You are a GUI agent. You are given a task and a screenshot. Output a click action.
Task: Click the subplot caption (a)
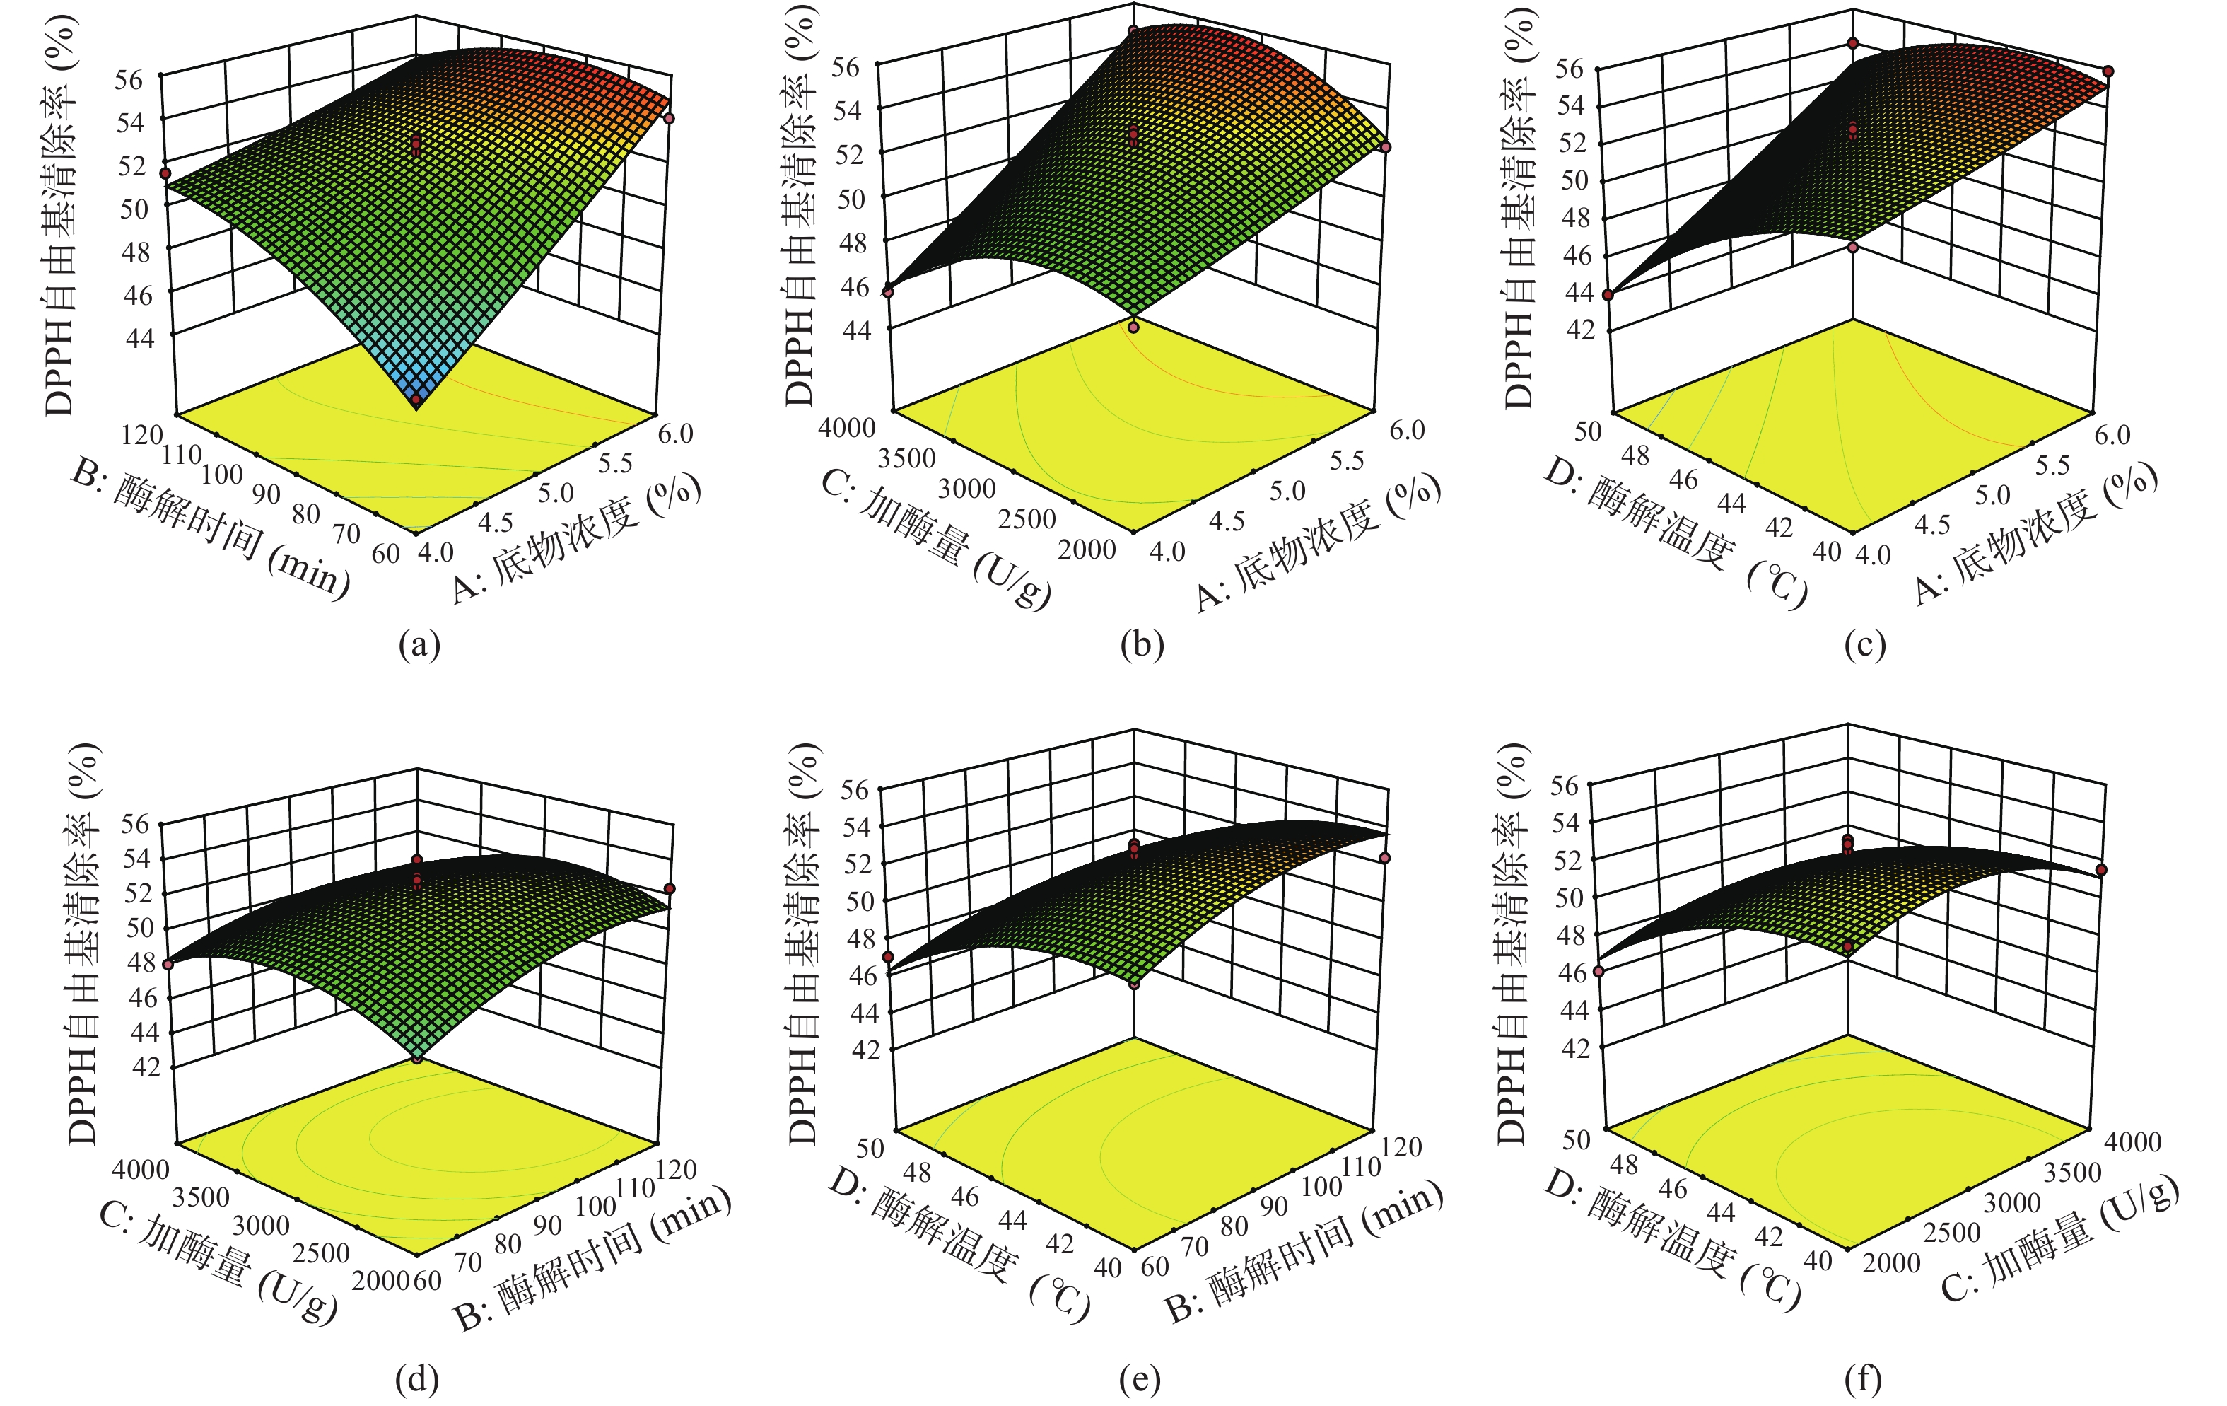click(x=419, y=645)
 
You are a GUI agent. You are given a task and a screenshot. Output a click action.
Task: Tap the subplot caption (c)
click(x=1864, y=645)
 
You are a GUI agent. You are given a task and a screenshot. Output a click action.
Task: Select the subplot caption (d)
click(x=417, y=1379)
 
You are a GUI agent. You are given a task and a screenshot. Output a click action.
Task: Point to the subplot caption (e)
click(x=1140, y=1379)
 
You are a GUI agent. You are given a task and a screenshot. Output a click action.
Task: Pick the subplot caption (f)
click(x=1863, y=1379)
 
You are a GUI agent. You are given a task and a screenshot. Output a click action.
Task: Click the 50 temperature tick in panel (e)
click(x=870, y=1148)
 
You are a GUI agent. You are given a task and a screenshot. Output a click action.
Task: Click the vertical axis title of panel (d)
click(x=83, y=943)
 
